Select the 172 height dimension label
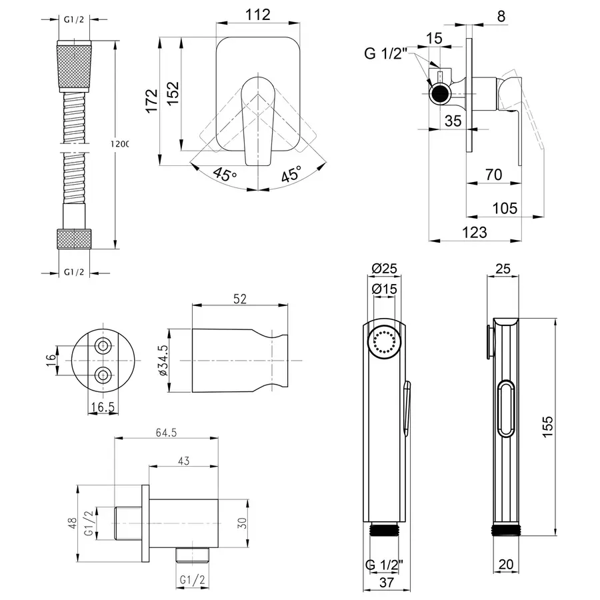151,100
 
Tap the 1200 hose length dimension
122,143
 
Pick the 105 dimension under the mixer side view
504,208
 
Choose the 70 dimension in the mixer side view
493,175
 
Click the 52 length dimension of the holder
241,299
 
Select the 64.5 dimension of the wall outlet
167,433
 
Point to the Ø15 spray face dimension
385,289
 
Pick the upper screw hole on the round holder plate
103,345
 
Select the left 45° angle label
225,175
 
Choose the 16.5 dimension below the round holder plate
102,408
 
